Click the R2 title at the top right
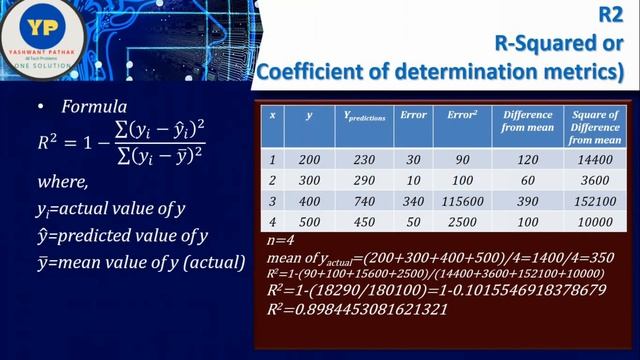coord(611,14)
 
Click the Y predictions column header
coord(362,115)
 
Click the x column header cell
coord(272,115)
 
